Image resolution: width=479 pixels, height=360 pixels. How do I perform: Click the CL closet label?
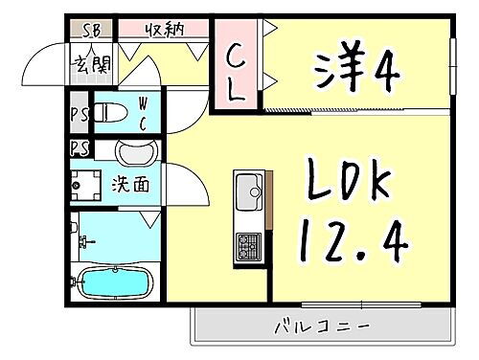pyautogui.click(x=236, y=78)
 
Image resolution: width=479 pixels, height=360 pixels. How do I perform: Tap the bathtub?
pyautogui.click(x=111, y=282)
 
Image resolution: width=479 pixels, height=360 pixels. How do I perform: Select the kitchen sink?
pyautogui.click(x=250, y=185)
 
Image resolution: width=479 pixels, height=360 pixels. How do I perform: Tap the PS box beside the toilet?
pyautogui.click(x=78, y=113)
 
